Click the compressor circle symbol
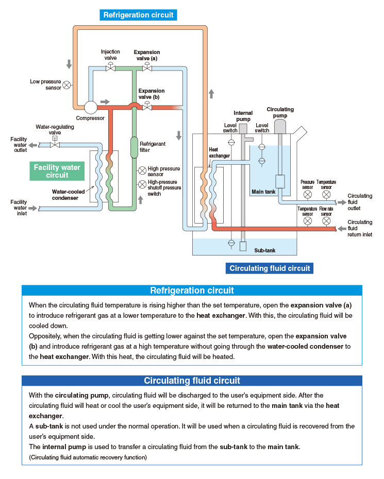pos(91,107)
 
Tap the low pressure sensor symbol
pos(66,85)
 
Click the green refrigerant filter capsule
pos(134,147)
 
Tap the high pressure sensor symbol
pos(142,170)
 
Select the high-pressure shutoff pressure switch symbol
pos(142,184)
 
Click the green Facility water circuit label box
pos(57,171)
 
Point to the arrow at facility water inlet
pos(32,209)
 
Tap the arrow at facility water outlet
pos(32,145)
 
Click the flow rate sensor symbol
pos(326,221)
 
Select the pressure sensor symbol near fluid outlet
pos(308,194)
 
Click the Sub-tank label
pos(265,250)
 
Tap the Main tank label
pos(263,192)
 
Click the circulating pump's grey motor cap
pos(280,127)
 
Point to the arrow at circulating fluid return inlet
pos(342,229)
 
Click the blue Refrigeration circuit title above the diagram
pos(138,15)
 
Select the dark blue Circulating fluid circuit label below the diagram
pos(270,268)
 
